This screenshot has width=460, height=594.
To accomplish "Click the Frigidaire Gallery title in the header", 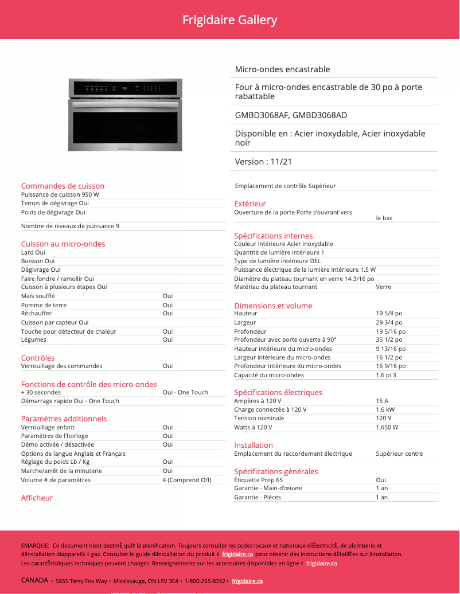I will (x=229, y=20).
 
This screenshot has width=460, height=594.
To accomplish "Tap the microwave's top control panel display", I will (x=125, y=88).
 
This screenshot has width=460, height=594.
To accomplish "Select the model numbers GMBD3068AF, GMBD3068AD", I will (x=291, y=115).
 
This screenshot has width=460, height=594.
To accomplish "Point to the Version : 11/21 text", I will (x=263, y=162).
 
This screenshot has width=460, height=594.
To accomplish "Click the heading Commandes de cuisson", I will (x=63, y=186).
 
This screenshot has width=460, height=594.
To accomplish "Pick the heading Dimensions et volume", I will (x=273, y=306).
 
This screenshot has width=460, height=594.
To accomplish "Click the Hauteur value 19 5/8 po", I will (x=389, y=314).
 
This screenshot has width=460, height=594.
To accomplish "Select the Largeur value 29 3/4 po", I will (x=389, y=323).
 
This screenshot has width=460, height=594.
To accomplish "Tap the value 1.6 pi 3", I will (x=386, y=376).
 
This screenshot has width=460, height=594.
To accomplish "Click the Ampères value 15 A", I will (x=382, y=401).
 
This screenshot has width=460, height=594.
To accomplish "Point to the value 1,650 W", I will (x=387, y=427).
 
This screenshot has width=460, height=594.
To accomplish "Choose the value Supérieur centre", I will (x=399, y=454).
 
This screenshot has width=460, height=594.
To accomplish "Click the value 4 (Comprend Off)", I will (x=187, y=480).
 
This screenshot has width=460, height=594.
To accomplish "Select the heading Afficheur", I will (x=37, y=498).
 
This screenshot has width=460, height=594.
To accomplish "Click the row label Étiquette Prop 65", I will (x=258, y=480).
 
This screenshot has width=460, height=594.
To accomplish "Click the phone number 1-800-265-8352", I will (x=205, y=581).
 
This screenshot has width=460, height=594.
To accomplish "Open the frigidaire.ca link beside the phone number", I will (x=247, y=581).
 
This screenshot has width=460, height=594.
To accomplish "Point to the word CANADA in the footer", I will (x=34, y=580).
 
